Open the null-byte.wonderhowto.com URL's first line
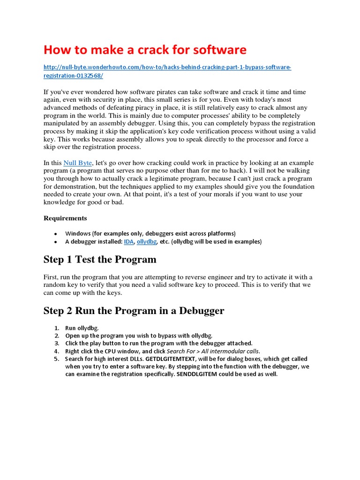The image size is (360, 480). [167, 67]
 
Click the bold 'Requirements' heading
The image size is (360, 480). [65, 218]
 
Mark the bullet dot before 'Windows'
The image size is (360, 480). [55, 233]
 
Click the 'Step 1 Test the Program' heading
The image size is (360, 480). [100, 260]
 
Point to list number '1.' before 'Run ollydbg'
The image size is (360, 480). [56, 328]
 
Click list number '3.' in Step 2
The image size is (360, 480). [56, 343]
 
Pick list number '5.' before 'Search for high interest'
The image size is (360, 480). [56, 359]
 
